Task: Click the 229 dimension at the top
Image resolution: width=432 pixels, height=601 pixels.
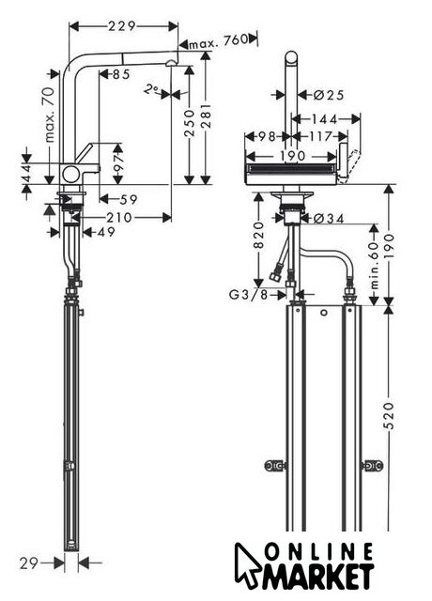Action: (122, 26)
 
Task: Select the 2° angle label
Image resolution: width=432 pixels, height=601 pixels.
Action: (151, 90)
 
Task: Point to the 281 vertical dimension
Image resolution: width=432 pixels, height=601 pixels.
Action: (206, 116)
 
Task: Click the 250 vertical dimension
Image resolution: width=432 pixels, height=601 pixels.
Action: (190, 123)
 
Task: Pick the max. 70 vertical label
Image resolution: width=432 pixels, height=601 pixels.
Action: (50, 115)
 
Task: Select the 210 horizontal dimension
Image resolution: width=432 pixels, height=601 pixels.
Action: (119, 218)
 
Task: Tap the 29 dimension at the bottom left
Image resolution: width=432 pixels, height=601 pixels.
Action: (29, 563)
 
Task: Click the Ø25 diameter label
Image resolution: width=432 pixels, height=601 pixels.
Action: (329, 95)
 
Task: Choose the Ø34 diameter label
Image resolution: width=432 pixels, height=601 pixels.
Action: (329, 219)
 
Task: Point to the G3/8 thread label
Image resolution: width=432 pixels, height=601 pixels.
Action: (247, 295)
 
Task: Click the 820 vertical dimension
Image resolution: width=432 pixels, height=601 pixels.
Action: (259, 235)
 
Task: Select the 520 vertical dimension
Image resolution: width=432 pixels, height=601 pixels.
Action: (388, 416)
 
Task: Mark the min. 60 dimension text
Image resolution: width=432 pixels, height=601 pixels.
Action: (375, 266)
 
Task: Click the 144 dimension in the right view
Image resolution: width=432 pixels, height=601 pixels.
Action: (324, 119)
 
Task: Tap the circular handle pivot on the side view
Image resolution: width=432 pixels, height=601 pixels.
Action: (70, 174)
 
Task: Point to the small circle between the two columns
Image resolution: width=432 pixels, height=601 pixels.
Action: (324, 313)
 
